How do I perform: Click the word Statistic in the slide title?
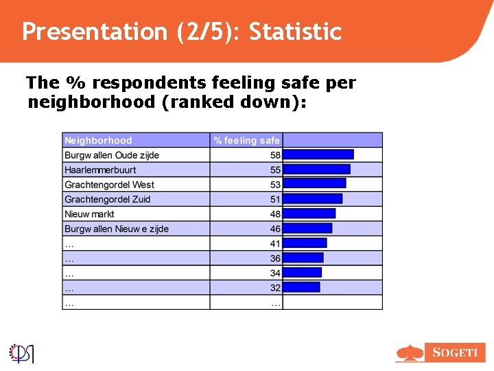pos(295,32)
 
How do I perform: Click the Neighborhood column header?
pos(98,140)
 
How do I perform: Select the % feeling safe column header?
pos(246,140)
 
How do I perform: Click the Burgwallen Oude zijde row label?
pos(112,155)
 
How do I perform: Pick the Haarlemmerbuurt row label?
pos(100,170)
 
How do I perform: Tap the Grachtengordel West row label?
pos(109,185)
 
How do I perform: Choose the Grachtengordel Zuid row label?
pos(107,199)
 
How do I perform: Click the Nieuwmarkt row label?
pos(89,214)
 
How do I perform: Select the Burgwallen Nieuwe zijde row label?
pos(116,229)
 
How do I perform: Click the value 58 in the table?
pos(275,155)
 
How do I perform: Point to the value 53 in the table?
pos(275,185)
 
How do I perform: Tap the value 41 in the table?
pos(275,243)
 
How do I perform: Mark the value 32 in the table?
pos(275,288)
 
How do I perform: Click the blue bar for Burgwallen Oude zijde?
pos(318,155)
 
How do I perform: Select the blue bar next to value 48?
pos(309,214)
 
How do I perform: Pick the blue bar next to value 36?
pos(303,258)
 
